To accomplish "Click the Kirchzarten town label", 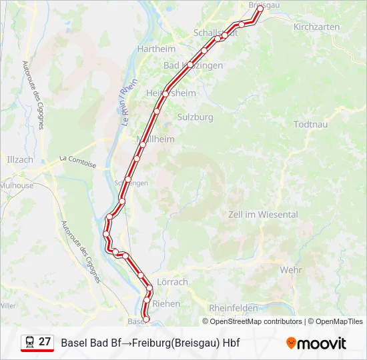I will (316, 27).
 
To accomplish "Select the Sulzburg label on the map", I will (195, 117).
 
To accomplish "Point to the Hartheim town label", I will (156, 49).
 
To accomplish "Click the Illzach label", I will (19, 160).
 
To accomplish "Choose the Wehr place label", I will (291, 270).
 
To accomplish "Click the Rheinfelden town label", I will (233, 308).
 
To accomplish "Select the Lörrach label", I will (172, 282).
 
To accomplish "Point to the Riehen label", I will (166, 303).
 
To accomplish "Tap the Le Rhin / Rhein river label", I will (129, 107).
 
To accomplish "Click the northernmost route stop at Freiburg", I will (260, 9).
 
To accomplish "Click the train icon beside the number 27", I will (29, 343).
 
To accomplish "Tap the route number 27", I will (45, 342).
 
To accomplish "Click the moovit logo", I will (316, 343).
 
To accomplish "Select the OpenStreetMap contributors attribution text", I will (256, 321).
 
